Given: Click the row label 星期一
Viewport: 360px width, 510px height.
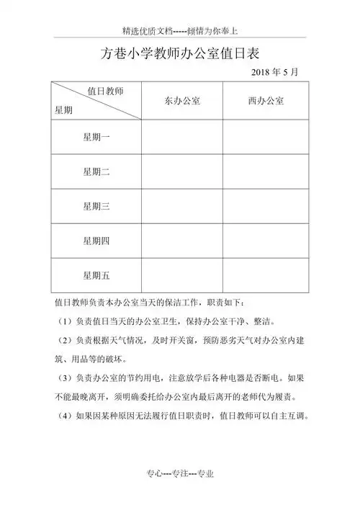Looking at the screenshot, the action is tap(96, 137).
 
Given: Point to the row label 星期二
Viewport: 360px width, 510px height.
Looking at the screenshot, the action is tap(96, 171).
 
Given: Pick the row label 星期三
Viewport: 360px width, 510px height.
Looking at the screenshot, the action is tap(96, 207).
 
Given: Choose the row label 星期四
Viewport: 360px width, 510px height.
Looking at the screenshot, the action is tap(96, 241).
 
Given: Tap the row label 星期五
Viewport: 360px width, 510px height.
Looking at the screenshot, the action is tap(96, 275).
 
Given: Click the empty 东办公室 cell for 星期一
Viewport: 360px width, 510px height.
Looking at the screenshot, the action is tap(181, 137).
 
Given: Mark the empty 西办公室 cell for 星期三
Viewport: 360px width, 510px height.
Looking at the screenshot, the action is tap(265, 207).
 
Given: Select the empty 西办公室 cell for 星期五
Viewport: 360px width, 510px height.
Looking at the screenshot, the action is tap(265, 275).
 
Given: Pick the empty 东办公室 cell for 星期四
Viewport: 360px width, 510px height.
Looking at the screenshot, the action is tap(181, 241).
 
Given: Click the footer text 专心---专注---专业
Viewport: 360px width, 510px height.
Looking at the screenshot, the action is tap(180, 473).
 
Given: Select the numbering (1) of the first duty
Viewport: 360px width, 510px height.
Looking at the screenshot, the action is tap(63, 321).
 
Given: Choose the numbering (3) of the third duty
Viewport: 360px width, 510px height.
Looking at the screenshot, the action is tap(63, 377).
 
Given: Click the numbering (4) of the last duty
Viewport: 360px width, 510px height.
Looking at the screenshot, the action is tap(63, 414).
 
